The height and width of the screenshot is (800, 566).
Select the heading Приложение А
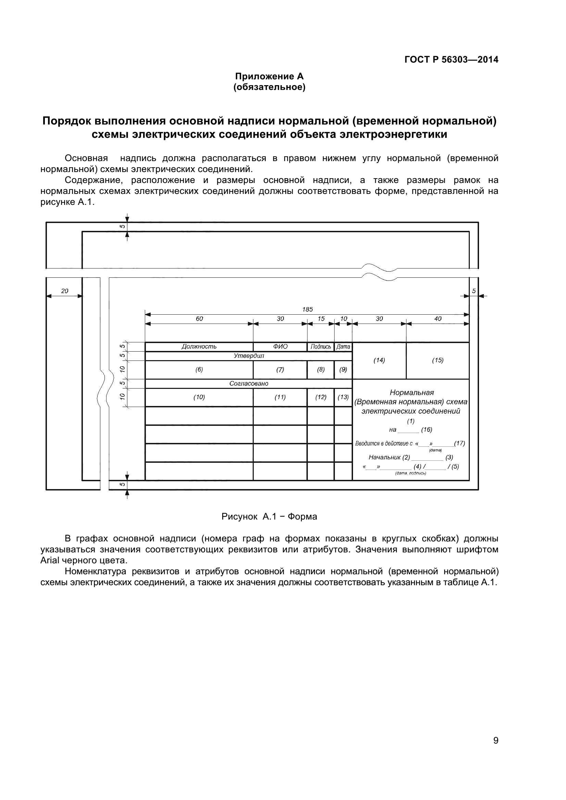269,76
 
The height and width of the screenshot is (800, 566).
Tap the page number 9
495,750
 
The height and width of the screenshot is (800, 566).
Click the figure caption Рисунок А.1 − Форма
269,516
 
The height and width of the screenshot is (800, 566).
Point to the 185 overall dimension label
307,309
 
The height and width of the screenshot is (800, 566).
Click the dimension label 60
199,318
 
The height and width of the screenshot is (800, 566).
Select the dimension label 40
438,318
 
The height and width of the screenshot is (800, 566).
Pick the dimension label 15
321,318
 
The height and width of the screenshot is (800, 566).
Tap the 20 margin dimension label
64,291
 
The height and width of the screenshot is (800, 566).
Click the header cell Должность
199,346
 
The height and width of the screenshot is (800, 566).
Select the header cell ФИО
280,346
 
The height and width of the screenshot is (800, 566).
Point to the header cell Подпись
320,347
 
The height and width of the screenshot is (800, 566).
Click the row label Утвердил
249,356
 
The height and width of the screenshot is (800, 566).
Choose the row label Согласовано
249,383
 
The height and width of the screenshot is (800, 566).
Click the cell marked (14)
379,360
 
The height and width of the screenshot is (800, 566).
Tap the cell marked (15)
438,360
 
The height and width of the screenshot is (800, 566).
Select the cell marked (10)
199,397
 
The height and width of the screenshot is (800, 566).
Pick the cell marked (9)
343,369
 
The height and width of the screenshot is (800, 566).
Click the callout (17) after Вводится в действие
459,443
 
